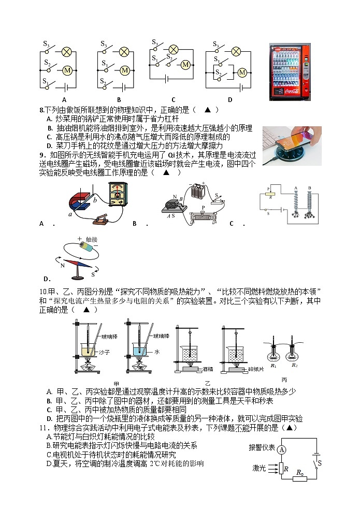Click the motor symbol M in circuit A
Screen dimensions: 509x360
[66, 70]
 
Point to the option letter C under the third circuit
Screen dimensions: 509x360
[173, 100]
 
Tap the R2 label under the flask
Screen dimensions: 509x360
[295, 366]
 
